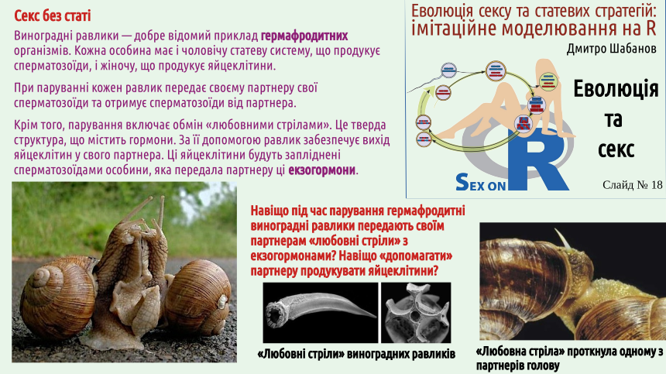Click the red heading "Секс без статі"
(x=52, y=16)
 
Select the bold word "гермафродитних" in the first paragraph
(x=304, y=36)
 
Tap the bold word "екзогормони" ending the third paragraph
(x=321, y=170)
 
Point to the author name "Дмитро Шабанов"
(x=611, y=49)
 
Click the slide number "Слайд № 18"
(x=632, y=184)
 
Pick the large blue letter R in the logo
(x=537, y=160)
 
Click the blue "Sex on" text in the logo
(x=480, y=183)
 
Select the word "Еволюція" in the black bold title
(x=616, y=89)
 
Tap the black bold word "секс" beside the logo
(x=616, y=149)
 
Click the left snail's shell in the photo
(x=57, y=297)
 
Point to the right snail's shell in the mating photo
(x=198, y=297)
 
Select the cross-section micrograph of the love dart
(x=417, y=314)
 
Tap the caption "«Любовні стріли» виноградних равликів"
(x=356, y=354)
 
